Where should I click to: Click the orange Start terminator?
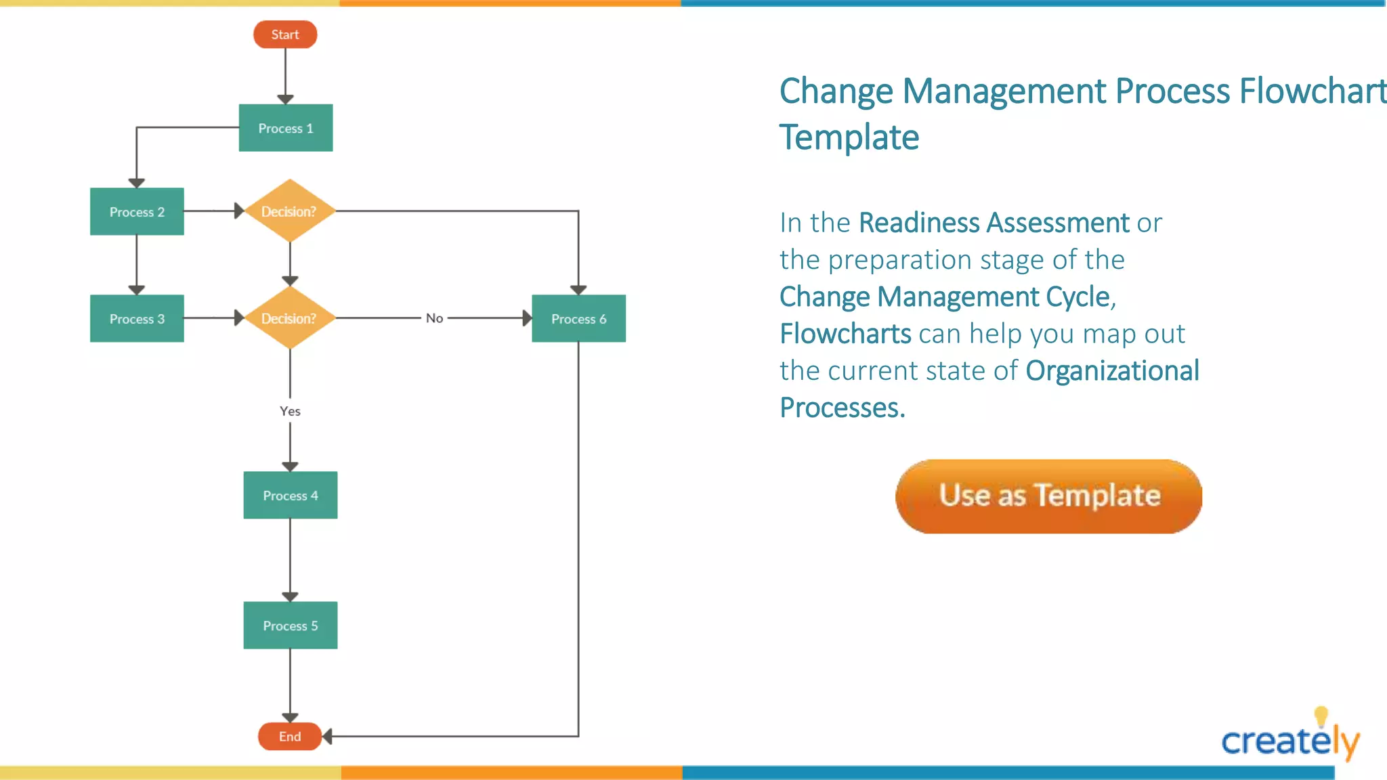[x=285, y=35]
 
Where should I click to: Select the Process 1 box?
[x=286, y=128]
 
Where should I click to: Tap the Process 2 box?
[x=137, y=212]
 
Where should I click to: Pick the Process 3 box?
[x=137, y=319]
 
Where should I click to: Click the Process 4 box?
[x=291, y=496]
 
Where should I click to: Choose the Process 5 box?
[x=291, y=626]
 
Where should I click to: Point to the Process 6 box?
[x=578, y=319]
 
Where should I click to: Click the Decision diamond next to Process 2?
[x=290, y=211]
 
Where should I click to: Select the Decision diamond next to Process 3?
[x=290, y=318]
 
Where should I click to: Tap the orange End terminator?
[x=290, y=737]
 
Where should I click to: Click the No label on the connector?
[x=434, y=318]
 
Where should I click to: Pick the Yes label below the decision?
[x=290, y=411]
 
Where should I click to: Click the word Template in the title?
[x=849, y=137]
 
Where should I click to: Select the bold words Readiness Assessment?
[x=994, y=223]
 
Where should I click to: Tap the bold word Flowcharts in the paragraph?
[x=845, y=334]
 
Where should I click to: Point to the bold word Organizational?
[x=1112, y=371]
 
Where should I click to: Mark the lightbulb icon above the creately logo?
[x=1321, y=716]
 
